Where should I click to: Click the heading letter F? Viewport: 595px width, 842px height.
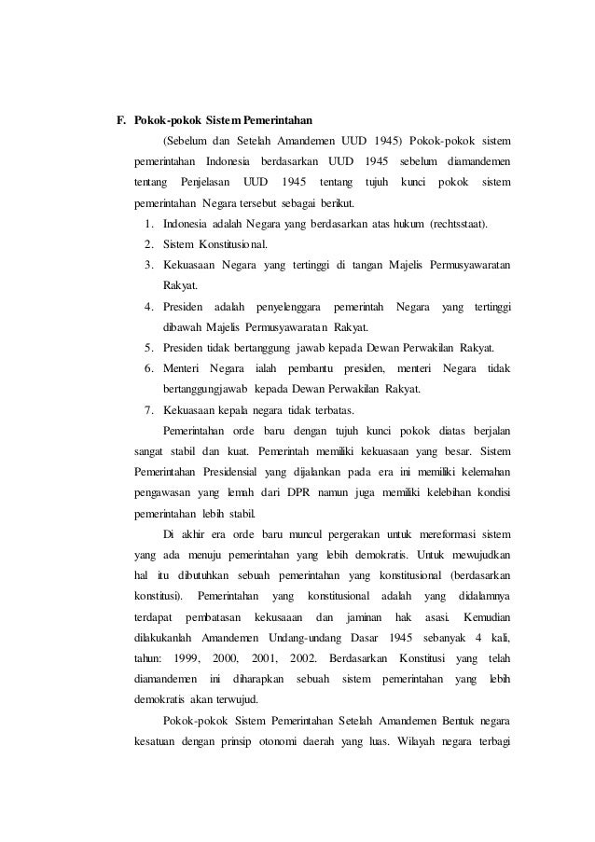pyautogui.click(x=119, y=120)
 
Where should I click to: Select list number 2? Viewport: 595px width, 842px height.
pyautogui.click(x=150, y=245)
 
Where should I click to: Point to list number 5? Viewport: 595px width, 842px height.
pyautogui.click(x=150, y=348)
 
